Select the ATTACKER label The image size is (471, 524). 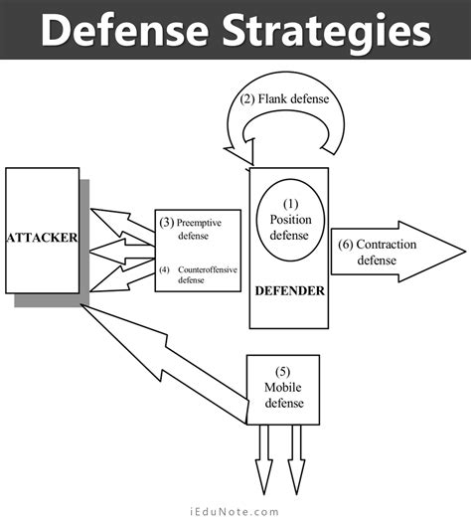pos(42,238)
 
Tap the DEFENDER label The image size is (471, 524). pos(289,289)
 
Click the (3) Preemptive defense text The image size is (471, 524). pos(196,229)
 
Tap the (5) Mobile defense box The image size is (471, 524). pos(283,388)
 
